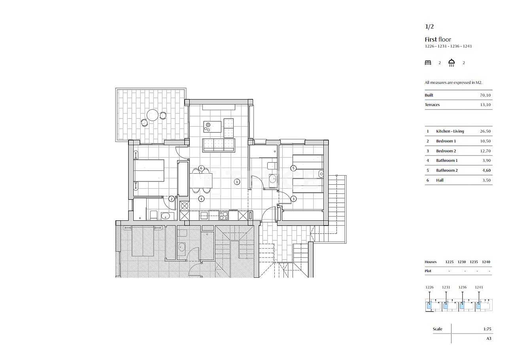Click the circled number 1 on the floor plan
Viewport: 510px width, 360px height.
pos(237,182)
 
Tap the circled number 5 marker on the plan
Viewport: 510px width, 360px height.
pos(293,168)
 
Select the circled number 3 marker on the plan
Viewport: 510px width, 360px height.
pos(293,199)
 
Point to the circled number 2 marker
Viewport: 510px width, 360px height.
pos(172,199)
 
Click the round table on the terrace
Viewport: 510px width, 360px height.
pos(152,115)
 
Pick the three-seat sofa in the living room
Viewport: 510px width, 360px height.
pos(219,145)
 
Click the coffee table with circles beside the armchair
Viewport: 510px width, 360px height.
pos(212,127)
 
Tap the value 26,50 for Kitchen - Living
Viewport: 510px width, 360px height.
pos(485,131)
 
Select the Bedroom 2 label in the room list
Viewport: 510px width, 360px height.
pos(446,151)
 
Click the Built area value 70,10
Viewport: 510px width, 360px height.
pos(485,95)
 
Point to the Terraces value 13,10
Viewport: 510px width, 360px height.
pos(485,105)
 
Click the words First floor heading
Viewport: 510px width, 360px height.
pos(438,40)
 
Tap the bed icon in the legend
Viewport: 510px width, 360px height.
pos(428,63)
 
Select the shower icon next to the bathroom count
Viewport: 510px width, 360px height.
pos(451,63)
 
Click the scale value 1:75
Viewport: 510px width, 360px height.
pos(487,329)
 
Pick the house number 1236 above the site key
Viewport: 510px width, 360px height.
pos(463,287)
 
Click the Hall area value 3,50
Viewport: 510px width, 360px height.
pos(486,180)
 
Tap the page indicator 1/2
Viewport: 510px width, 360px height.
pos(429,27)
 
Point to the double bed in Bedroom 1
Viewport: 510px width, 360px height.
pos(149,171)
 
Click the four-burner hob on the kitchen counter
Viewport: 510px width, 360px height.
pos(224,215)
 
